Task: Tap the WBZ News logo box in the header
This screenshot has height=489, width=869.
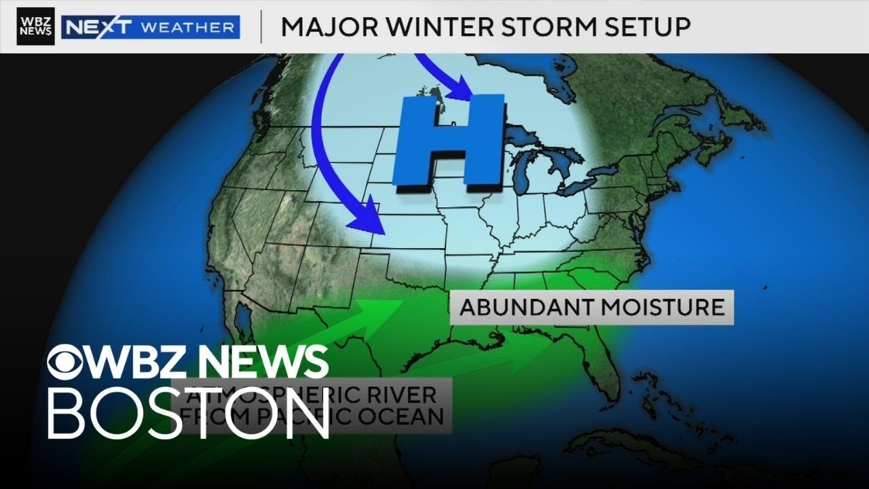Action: (x=36, y=26)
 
